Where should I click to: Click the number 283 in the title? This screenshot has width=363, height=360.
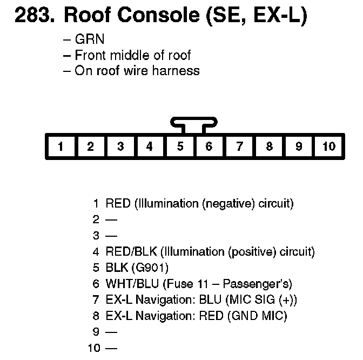[33, 16]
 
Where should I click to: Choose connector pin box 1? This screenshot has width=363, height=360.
[61, 146]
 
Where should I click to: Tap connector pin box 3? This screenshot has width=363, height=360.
[120, 146]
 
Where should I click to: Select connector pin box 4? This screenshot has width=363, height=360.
[150, 146]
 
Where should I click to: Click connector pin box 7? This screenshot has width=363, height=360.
[239, 146]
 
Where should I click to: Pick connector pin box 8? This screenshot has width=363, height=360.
[269, 146]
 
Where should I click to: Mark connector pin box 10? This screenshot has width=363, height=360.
[328, 146]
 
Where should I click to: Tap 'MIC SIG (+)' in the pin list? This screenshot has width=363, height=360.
[264, 300]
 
